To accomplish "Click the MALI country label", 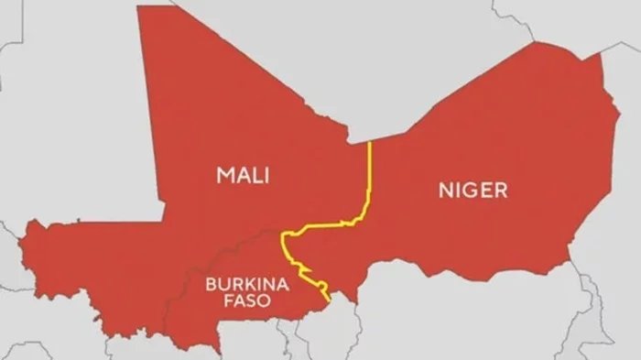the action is tap(243, 175).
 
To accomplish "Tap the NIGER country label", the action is tap(473, 191).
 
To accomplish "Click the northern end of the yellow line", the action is tap(368, 142).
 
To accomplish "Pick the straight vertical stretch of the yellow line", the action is tap(368, 174).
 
